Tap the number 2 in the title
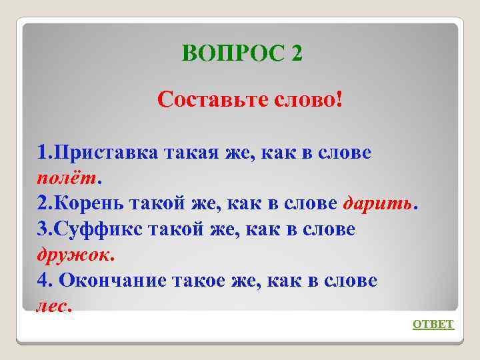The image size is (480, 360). pyautogui.click(x=297, y=53)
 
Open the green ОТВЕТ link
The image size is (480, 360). pyautogui.click(x=433, y=325)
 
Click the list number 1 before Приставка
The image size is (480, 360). pyautogui.click(x=42, y=153)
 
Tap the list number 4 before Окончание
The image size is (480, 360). pyautogui.click(x=43, y=281)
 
